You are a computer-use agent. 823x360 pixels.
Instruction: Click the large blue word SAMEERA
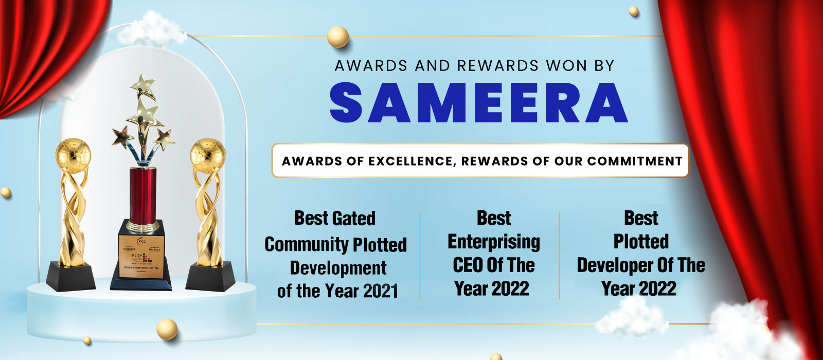coord(478,102)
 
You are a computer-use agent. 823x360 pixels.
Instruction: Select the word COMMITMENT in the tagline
coord(635,161)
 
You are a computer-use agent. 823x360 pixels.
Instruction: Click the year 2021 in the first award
coord(381,292)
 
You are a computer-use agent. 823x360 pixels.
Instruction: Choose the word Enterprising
coord(494,242)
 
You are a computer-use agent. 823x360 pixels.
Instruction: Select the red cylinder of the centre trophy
coord(143,195)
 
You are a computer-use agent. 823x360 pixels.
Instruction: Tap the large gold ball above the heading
coord(338,37)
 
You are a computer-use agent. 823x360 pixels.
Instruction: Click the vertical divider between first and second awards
coord(420,255)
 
